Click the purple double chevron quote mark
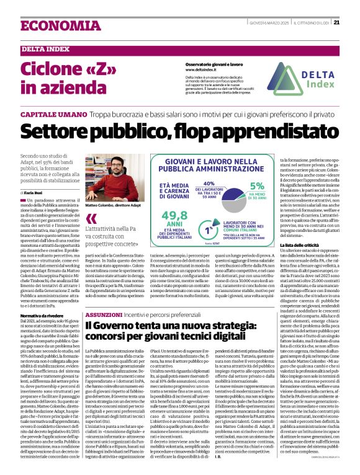pos(91,220)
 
